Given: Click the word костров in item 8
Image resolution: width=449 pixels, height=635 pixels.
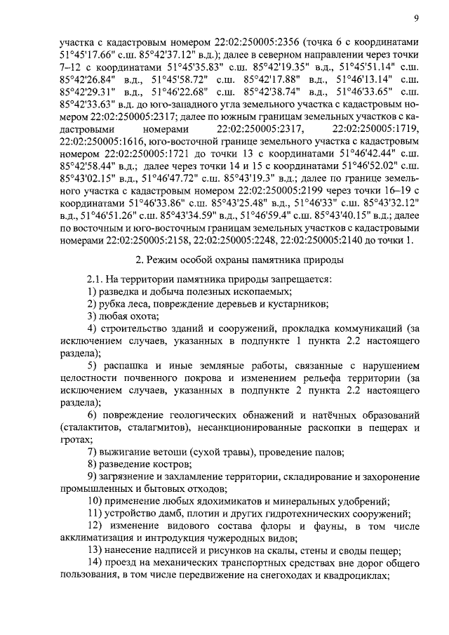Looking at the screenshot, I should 168,464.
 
